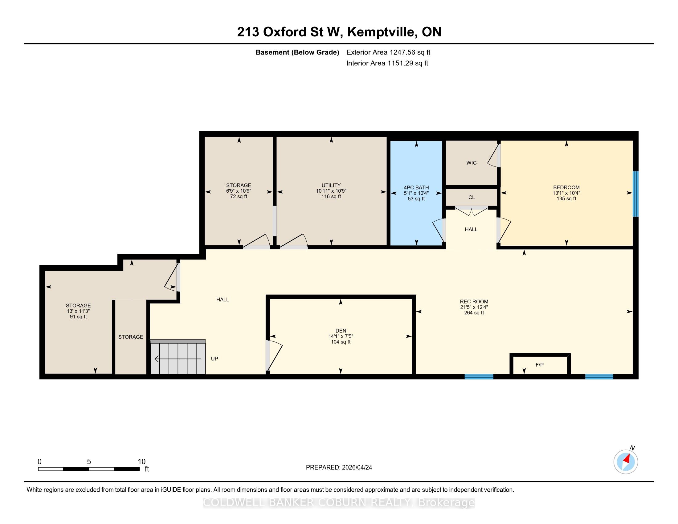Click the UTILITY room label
[331, 185]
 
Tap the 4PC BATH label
[416, 187]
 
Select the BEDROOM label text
[566, 187]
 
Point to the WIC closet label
[471, 163]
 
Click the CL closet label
[472, 198]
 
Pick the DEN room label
[341, 331]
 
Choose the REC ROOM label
[474, 301]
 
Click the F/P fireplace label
[540, 365]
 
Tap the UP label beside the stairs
[214, 358]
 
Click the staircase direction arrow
[178, 359]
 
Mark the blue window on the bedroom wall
[635, 194]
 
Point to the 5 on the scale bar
[89, 462]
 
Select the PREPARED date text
[339, 468]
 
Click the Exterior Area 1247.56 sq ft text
[388, 52]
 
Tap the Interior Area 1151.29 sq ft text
[387, 63]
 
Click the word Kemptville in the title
[382, 32]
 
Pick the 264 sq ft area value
[474, 313]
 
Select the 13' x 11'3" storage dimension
[78, 311]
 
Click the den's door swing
[275, 355]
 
